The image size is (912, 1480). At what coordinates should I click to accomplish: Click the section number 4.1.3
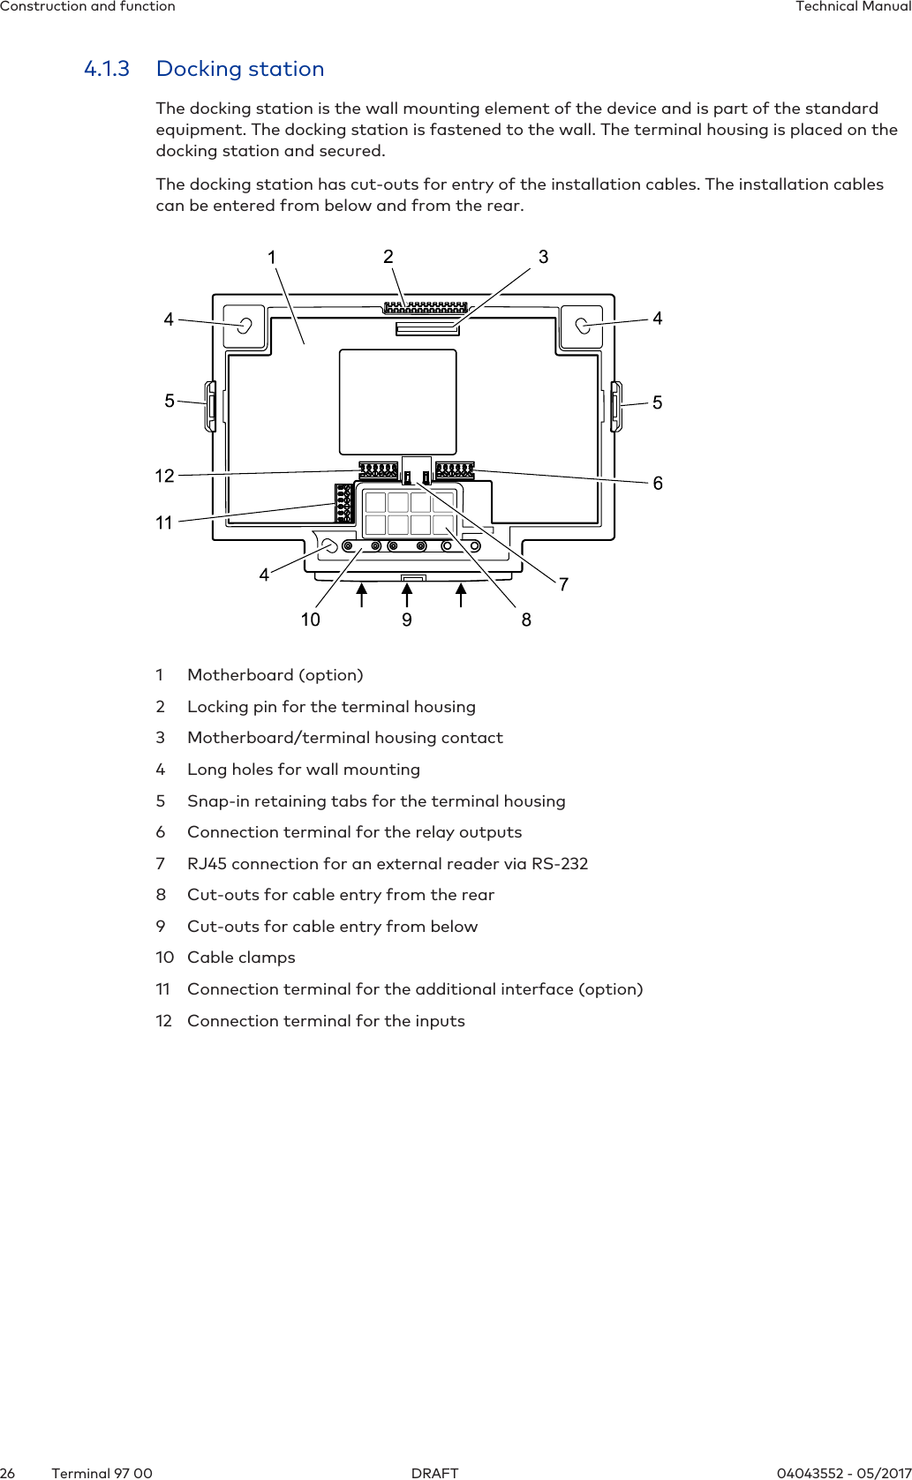point(106,69)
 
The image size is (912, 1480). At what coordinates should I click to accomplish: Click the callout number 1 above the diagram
point(272,257)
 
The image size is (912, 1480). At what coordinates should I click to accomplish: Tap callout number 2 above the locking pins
point(388,256)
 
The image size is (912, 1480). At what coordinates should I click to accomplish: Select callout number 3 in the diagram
point(543,257)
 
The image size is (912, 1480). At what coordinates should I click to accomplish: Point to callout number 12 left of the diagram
point(164,476)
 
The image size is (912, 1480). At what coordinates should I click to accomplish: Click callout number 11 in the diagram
point(164,522)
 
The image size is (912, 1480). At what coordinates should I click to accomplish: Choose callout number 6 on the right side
point(658,483)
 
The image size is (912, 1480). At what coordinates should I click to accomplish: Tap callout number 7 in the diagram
point(563,584)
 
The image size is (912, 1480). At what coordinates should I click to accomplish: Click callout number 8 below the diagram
point(526,620)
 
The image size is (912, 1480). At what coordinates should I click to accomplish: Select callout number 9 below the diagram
point(407,620)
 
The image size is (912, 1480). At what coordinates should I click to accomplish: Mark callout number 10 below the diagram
point(310,620)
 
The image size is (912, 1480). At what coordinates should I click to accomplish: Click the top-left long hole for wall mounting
point(245,325)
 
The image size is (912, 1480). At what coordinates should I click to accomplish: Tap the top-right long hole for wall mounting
point(583,326)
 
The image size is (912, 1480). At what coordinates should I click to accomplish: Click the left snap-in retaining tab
point(211,406)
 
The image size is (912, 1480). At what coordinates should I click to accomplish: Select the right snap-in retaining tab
point(616,406)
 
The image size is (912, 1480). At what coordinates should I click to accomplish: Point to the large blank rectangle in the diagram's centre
point(398,402)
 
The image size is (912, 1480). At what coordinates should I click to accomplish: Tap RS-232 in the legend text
point(560,864)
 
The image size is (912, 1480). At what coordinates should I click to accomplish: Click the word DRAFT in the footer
point(435,1473)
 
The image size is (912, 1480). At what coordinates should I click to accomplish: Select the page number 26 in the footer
point(8,1473)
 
